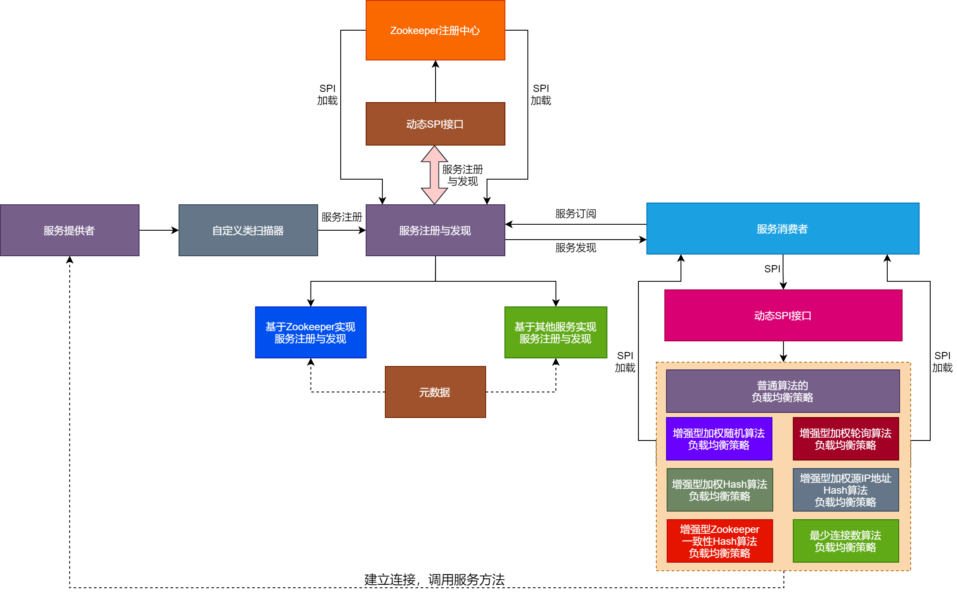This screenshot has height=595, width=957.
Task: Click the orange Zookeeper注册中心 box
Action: click(x=435, y=30)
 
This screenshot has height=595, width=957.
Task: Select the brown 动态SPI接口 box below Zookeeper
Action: click(x=435, y=124)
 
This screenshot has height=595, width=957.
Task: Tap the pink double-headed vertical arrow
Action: click(x=434, y=175)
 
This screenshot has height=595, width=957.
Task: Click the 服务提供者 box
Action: click(x=69, y=230)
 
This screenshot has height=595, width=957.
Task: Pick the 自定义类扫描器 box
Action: click(x=248, y=230)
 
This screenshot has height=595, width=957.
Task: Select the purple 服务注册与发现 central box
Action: click(x=435, y=230)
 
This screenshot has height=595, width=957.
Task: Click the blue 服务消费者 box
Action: click(x=783, y=229)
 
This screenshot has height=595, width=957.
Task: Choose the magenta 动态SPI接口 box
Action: click(x=783, y=315)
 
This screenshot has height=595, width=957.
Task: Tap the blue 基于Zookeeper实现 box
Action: click(x=310, y=332)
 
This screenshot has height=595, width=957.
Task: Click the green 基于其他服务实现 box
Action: click(x=555, y=332)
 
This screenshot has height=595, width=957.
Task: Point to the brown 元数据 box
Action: click(x=435, y=392)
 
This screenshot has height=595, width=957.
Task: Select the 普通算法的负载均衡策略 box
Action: click(x=783, y=391)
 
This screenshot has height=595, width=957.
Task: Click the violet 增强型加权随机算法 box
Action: click(x=719, y=439)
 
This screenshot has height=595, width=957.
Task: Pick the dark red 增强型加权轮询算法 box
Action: click(x=846, y=439)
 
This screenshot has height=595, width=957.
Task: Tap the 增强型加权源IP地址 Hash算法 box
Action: click(x=846, y=490)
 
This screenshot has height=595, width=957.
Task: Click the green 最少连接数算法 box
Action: click(x=846, y=541)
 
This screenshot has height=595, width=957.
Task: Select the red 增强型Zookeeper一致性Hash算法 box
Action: click(x=720, y=541)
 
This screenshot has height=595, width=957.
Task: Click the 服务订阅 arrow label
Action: click(x=575, y=214)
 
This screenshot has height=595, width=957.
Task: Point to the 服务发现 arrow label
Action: click(x=575, y=248)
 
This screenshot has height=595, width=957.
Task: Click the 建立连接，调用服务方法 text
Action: click(x=434, y=579)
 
